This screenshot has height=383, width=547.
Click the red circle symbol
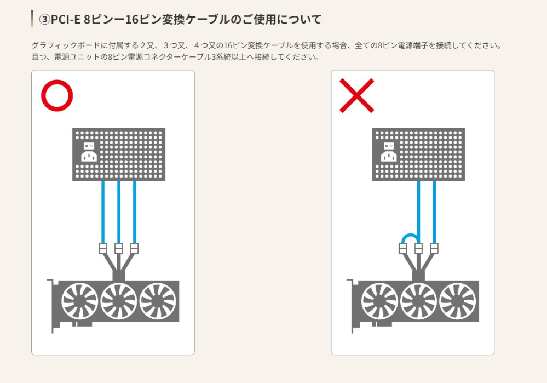coord(57,96)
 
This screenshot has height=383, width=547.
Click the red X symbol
coord(356,96)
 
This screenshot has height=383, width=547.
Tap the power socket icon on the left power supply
coord(89,153)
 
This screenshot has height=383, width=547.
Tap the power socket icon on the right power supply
coord(389,153)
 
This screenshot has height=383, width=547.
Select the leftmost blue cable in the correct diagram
coord(103,211)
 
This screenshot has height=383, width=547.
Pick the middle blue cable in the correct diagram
coord(119,211)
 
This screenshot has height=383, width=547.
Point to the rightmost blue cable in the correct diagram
coord(135,211)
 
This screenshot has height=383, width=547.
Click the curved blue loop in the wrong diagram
coord(410,236)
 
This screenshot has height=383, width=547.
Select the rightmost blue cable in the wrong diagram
coord(434,211)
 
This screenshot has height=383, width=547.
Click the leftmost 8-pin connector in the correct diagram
coord(103,248)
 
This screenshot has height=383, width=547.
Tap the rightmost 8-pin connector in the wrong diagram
coord(434,248)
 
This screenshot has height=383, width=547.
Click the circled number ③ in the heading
coord(45,20)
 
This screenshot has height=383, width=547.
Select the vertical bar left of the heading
coord(32,19)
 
